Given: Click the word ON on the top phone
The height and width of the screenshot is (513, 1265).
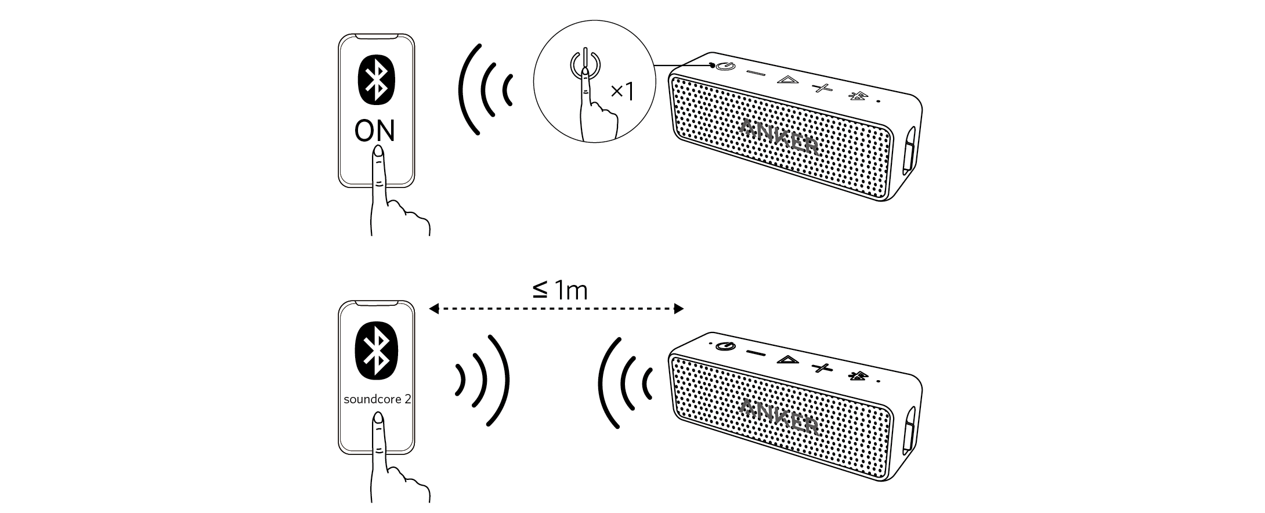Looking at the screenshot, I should pos(375,131).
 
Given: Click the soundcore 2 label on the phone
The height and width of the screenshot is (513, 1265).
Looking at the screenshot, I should pos(377,400).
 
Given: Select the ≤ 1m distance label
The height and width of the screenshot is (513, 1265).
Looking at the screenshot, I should pos(559,290).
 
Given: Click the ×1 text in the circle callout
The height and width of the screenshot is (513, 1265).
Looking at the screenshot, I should pos(622,91).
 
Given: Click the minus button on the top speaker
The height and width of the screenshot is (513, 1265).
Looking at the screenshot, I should pos(756,73).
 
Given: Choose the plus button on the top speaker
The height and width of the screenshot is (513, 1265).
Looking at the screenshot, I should pos(822,88).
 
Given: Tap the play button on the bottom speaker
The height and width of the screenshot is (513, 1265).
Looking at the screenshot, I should pos(787,360).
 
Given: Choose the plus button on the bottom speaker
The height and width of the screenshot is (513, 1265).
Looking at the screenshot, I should pos(822,367).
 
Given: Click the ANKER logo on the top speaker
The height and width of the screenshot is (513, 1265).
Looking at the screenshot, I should pos(780,137).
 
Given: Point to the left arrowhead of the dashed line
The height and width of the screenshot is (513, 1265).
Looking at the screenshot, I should pos(433,309).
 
